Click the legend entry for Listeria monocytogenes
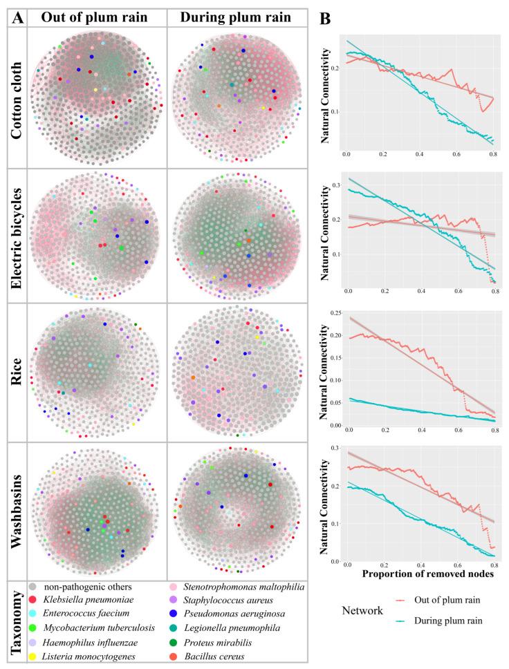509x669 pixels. coord(89,655)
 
